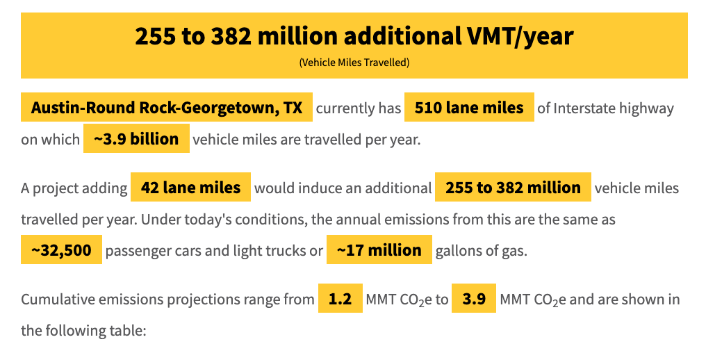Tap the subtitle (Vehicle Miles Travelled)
(354, 63)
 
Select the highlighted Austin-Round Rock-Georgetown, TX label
(167, 108)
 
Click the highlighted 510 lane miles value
(469, 108)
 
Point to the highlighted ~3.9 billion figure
(136, 139)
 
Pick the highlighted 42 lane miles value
(190, 188)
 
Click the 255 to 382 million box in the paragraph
(513, 188)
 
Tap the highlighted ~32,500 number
(61, 250)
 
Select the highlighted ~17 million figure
(379, 250)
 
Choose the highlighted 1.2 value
(340, 300)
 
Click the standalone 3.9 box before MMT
(474, 300)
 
